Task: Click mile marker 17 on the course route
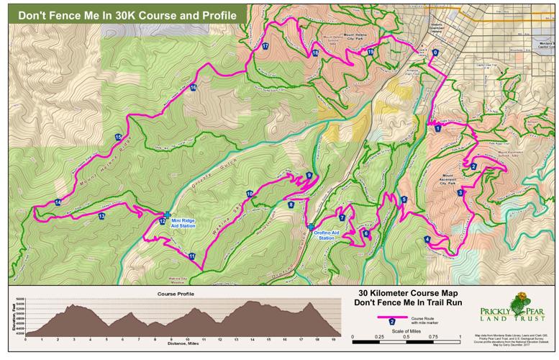(x=265, y=46)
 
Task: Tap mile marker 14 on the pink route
(x=58, y=202)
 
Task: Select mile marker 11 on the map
(x=191, y=256)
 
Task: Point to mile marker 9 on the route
(x=309, y=175)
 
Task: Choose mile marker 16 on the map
(x=194, y=88)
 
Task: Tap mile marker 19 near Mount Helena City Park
(x=370, y=53)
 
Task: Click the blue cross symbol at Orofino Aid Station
(x=311, y=227)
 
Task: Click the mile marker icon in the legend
(x=391, y=322)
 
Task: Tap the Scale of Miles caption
(x=408, y=330)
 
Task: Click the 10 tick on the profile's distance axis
(x=187, y=338)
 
